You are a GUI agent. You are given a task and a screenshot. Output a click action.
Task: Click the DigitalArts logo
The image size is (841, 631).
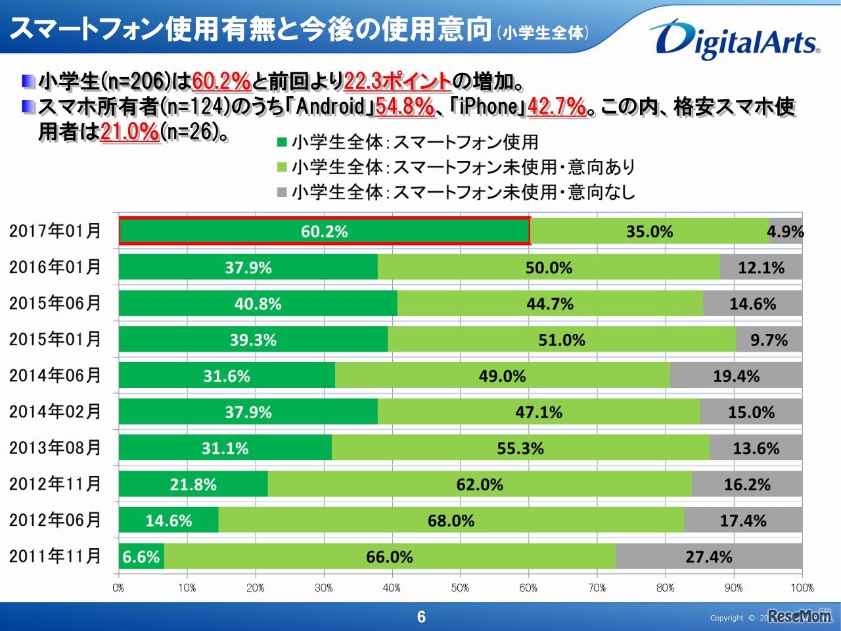click(735, 39)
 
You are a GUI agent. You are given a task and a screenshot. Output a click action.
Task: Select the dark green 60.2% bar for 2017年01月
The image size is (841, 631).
click(324, 231)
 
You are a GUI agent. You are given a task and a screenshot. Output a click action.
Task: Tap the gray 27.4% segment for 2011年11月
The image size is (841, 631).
click(708, 557)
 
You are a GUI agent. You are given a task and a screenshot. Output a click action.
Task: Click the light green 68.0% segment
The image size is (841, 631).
click(451, 521)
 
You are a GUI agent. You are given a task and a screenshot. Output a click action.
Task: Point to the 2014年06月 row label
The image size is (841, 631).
click(55, 375)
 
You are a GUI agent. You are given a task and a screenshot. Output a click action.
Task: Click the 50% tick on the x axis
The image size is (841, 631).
click(460, 588)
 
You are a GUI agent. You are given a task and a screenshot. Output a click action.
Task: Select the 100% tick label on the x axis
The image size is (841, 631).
click(802, 588)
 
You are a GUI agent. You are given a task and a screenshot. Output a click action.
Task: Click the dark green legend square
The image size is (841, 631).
click(283, 143)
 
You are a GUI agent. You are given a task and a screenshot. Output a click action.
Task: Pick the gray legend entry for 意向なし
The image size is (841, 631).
click(456, 193)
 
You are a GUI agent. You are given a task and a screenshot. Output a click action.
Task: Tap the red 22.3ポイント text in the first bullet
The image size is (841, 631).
click(398, 82)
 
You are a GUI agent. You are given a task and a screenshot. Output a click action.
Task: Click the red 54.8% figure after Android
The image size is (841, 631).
click(405, 106)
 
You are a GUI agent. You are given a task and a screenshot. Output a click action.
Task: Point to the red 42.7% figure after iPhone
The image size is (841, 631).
click(557, 106)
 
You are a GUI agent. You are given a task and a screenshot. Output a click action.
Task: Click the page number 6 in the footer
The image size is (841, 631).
click(421, 617)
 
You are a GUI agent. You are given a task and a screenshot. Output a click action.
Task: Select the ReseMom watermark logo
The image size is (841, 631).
click(800, 616)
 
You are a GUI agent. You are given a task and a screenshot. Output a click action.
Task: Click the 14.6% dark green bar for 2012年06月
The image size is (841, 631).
click(169, 521)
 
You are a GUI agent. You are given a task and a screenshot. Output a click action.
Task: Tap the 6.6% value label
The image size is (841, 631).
click(141, 557)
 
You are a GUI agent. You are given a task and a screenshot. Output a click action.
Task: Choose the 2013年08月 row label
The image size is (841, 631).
click(55, 448)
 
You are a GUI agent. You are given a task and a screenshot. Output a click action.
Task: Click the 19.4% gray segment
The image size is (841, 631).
click(736, 376)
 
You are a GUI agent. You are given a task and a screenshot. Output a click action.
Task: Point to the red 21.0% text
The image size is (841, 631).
click(130, 131)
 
